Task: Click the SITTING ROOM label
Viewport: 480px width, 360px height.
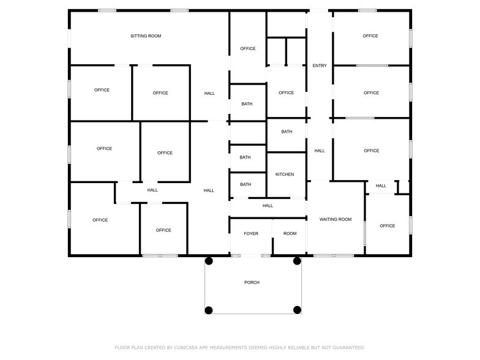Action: [146, 36]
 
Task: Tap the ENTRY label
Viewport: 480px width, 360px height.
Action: [320, 66]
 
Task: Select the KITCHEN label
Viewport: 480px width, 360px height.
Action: [285, 174]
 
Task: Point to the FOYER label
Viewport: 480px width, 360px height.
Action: [251, 234]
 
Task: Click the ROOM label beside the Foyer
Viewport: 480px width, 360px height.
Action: [290, 234]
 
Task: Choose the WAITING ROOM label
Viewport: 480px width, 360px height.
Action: [336, 219]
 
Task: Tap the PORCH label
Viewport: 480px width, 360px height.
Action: [252, 282]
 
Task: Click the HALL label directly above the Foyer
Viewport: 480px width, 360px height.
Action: [268, 206]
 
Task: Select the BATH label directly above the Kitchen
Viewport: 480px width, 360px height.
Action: [287, 132]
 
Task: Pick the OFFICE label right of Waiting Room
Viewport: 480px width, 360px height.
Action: [387, 225]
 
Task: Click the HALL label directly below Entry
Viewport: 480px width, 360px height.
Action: [320, 151]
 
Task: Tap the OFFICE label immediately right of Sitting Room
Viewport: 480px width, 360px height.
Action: [247, 48]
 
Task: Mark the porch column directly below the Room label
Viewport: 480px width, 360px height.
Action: [297, 261]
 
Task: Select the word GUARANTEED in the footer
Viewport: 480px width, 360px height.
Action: [349, 348]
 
